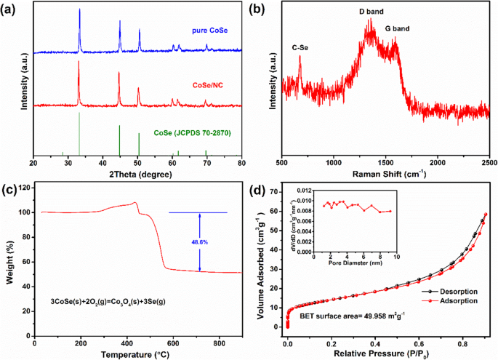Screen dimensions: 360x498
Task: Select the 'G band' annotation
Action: (419, 28)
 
